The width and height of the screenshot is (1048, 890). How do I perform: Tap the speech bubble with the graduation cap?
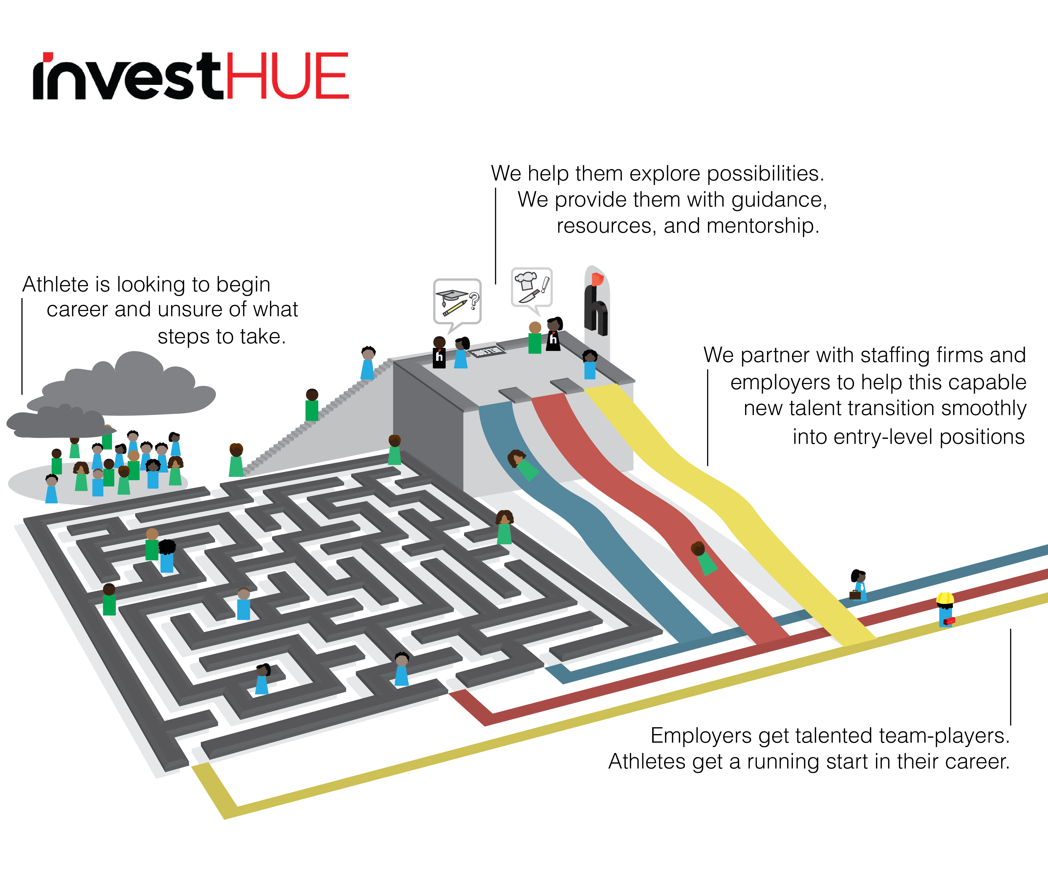coord(457,301)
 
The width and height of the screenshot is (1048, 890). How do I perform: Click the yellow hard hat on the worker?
coord(945,598)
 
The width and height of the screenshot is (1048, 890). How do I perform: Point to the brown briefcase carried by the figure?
coord(855,595)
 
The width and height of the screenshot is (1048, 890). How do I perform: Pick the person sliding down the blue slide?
coord(523,464)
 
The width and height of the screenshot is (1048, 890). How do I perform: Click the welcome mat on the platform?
coord(488,351)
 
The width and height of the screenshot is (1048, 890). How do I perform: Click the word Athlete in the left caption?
coord(56,285)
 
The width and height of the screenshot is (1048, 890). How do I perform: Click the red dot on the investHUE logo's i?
coord(48,56)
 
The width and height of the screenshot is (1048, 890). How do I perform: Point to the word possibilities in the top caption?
coord(765,174)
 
